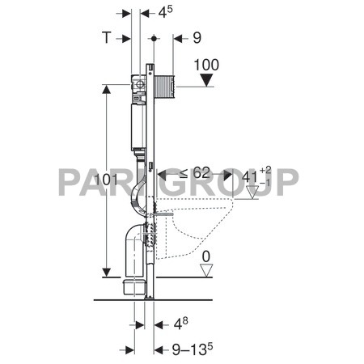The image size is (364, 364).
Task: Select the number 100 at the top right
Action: pyautogui.click(x=206, y=64)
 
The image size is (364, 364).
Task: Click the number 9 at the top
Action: pyautogui.click(x=197, y=38)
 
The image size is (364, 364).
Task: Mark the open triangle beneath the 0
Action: pyautogui.click(x=206, y=271)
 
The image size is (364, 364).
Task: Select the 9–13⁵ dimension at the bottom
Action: pyautogui.click(x=186, y=350)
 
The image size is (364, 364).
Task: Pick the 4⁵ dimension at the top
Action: pyautogui.click(x=166, y=13)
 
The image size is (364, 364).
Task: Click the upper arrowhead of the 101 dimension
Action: pyautogui.click(x=105, y=89)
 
